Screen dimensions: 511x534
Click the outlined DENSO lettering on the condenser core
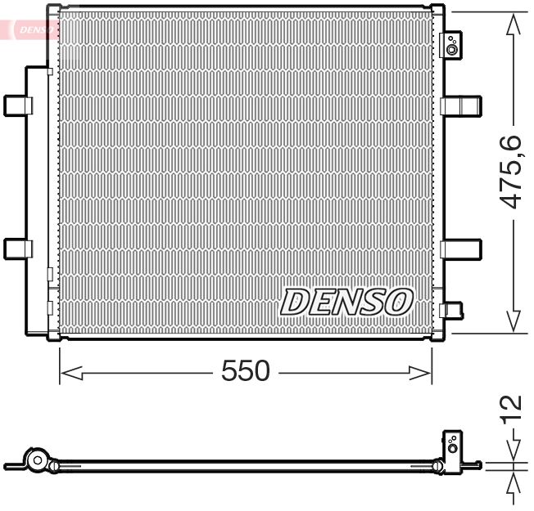(345, 302)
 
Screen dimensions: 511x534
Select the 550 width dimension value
(245, 371)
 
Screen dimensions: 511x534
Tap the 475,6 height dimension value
(511, 173)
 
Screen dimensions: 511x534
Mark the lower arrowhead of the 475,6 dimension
(514, 322)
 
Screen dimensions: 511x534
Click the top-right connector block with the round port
(451, 46)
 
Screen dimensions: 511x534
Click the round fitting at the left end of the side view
(36, 460)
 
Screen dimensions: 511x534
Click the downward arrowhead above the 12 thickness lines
(514, 451)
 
